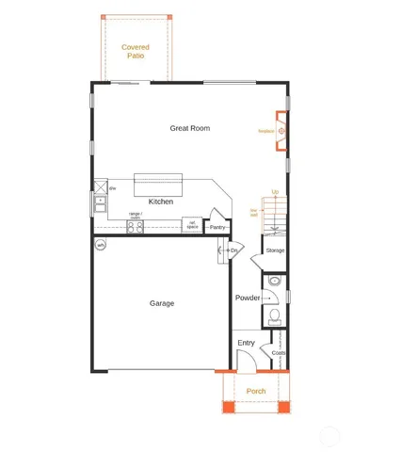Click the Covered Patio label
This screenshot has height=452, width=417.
coord(136,51)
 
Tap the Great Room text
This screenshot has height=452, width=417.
coord(189,128)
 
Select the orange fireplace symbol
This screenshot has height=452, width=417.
coord(281,131)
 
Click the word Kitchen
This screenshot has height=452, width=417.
coord(161,202)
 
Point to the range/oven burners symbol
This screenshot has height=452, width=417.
coord(136,226)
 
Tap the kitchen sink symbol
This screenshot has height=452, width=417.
coord(99,202)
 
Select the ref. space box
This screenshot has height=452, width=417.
coord(192,226)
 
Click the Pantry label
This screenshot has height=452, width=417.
coord(217,227)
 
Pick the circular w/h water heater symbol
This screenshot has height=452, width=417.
coord(101,245)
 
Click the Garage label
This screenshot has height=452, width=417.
coord(162,303)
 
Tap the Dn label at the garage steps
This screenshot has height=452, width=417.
coord(233,250)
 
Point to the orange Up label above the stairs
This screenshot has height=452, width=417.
coord(275,192)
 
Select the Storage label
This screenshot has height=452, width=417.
coord(275,250)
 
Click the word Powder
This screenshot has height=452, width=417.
coord(248,298)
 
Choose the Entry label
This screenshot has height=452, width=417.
coord(246,343)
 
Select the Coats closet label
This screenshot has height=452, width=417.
coord(279,353)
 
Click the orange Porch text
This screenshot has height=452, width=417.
coord(256,391)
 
